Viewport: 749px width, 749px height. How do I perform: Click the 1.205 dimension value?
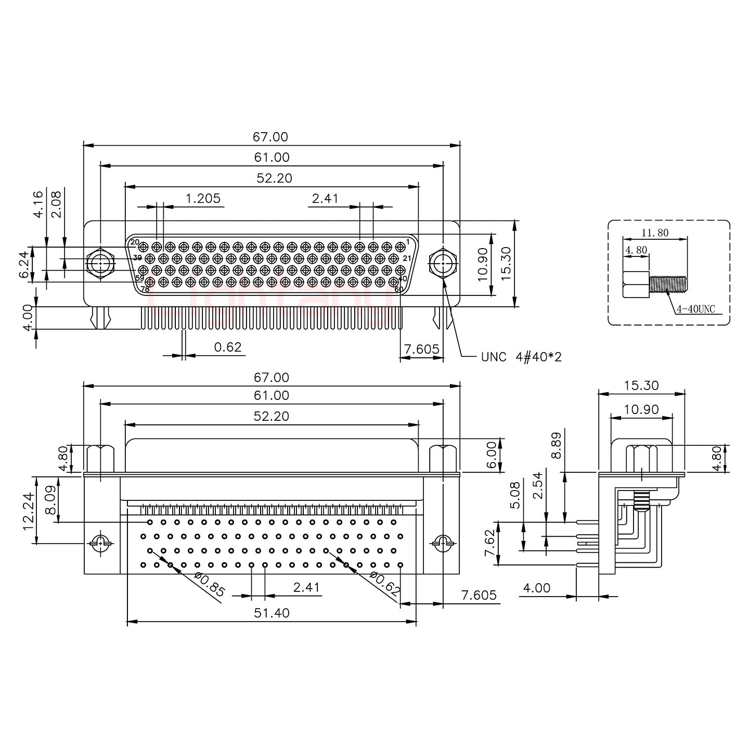(203, 198)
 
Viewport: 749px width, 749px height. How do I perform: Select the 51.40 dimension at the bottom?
(272, 613)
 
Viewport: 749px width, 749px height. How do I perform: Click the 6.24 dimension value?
(24, 265)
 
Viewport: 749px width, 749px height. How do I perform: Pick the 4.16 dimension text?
(38, 204)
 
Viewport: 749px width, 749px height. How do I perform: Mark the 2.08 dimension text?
(56, 204)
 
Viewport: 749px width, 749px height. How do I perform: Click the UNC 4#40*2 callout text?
(521, 357)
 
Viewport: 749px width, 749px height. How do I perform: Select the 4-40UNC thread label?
(695, 309)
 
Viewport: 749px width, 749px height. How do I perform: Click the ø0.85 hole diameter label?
(209, 584)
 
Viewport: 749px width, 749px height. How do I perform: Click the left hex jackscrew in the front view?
(100, 264)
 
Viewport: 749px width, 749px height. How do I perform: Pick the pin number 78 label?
(145, 289)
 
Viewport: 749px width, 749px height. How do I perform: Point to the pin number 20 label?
(135, 242)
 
